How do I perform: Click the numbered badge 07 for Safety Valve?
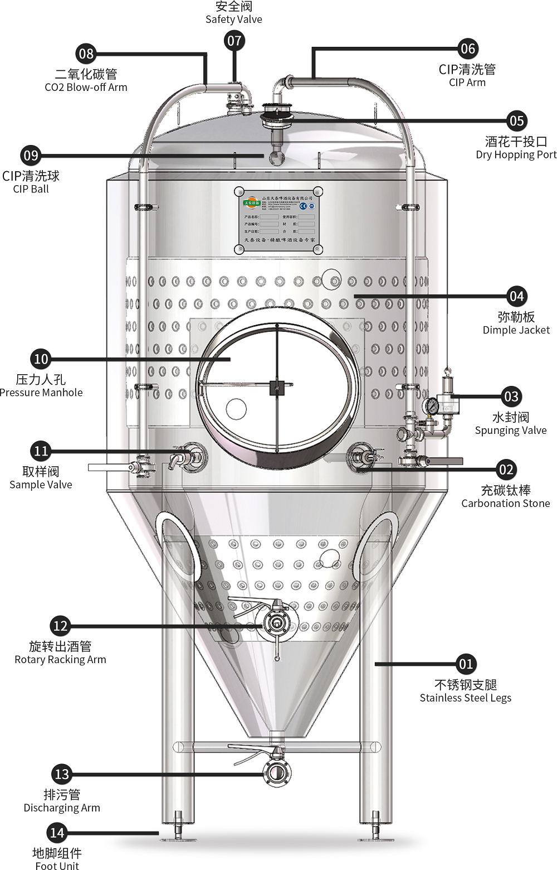coord(234,41)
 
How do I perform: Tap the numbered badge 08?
coord(86,54)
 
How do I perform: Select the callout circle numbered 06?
coord(467,49)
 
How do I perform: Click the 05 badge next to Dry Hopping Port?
coord(516,121)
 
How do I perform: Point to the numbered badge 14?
coord(57,833)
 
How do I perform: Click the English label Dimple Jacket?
coord(516,330)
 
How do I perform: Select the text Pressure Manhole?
coord(41,393)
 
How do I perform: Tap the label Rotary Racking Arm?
coord(60,660)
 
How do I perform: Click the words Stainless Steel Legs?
coord(465,698)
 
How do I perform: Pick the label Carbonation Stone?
coord(505,504)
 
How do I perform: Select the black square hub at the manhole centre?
coord(277,386)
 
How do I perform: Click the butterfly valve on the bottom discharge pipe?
coord(276,773)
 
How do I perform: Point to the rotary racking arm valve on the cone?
coord(275,622)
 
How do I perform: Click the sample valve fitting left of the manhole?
coord(187,456)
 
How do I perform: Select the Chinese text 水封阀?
coord(510,417)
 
